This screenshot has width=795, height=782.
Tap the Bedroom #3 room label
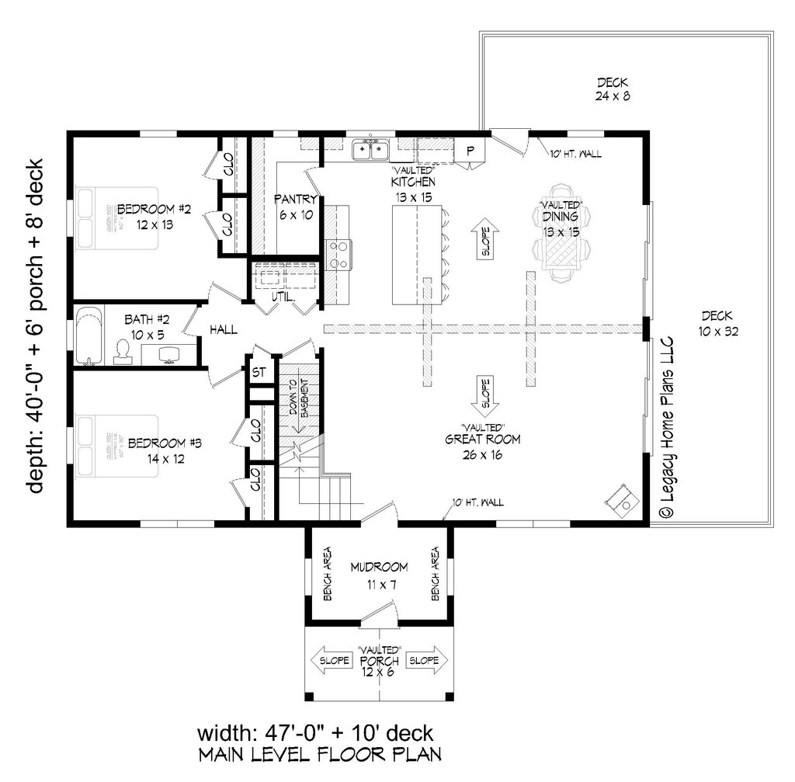165,450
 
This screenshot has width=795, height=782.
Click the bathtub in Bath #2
90,335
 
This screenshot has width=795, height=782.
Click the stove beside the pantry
340,254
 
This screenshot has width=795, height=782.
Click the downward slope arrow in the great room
483,397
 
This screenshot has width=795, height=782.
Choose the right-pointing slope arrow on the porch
426,660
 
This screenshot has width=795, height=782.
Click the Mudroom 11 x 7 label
378,575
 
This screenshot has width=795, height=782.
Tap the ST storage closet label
259,372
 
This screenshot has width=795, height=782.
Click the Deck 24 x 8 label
612,89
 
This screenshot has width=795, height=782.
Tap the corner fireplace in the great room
622,500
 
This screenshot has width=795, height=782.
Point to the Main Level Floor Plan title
320,754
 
